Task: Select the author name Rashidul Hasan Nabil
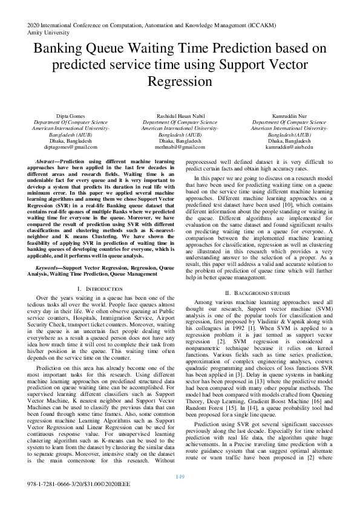[x=180, y=115]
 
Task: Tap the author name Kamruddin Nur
[x=290, y=115]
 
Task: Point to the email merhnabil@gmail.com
[x=180, y=147]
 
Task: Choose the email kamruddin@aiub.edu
[x=290, y=147]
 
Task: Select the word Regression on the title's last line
[x=180, y=82]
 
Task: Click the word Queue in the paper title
[x=114, y=49]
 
